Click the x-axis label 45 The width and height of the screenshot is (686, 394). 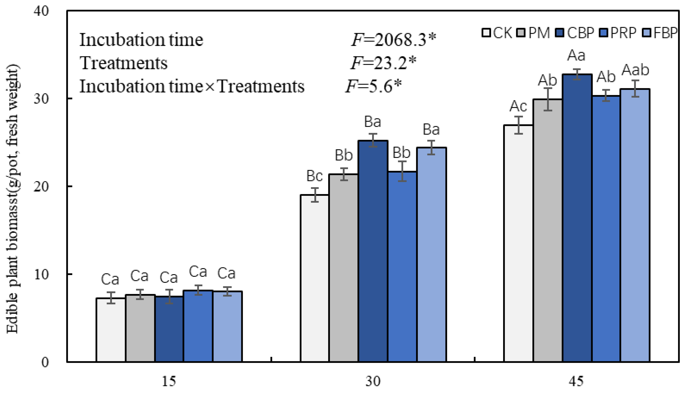point(576,382)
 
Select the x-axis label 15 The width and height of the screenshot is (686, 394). point(169,382)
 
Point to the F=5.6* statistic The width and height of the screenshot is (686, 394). point(373,86)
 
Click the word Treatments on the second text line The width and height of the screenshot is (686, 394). point(123,63)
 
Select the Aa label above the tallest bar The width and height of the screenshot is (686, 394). point(576,55)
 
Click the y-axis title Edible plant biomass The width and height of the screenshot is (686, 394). point(12,199)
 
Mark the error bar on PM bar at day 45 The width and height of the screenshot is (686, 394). point(547,99)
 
